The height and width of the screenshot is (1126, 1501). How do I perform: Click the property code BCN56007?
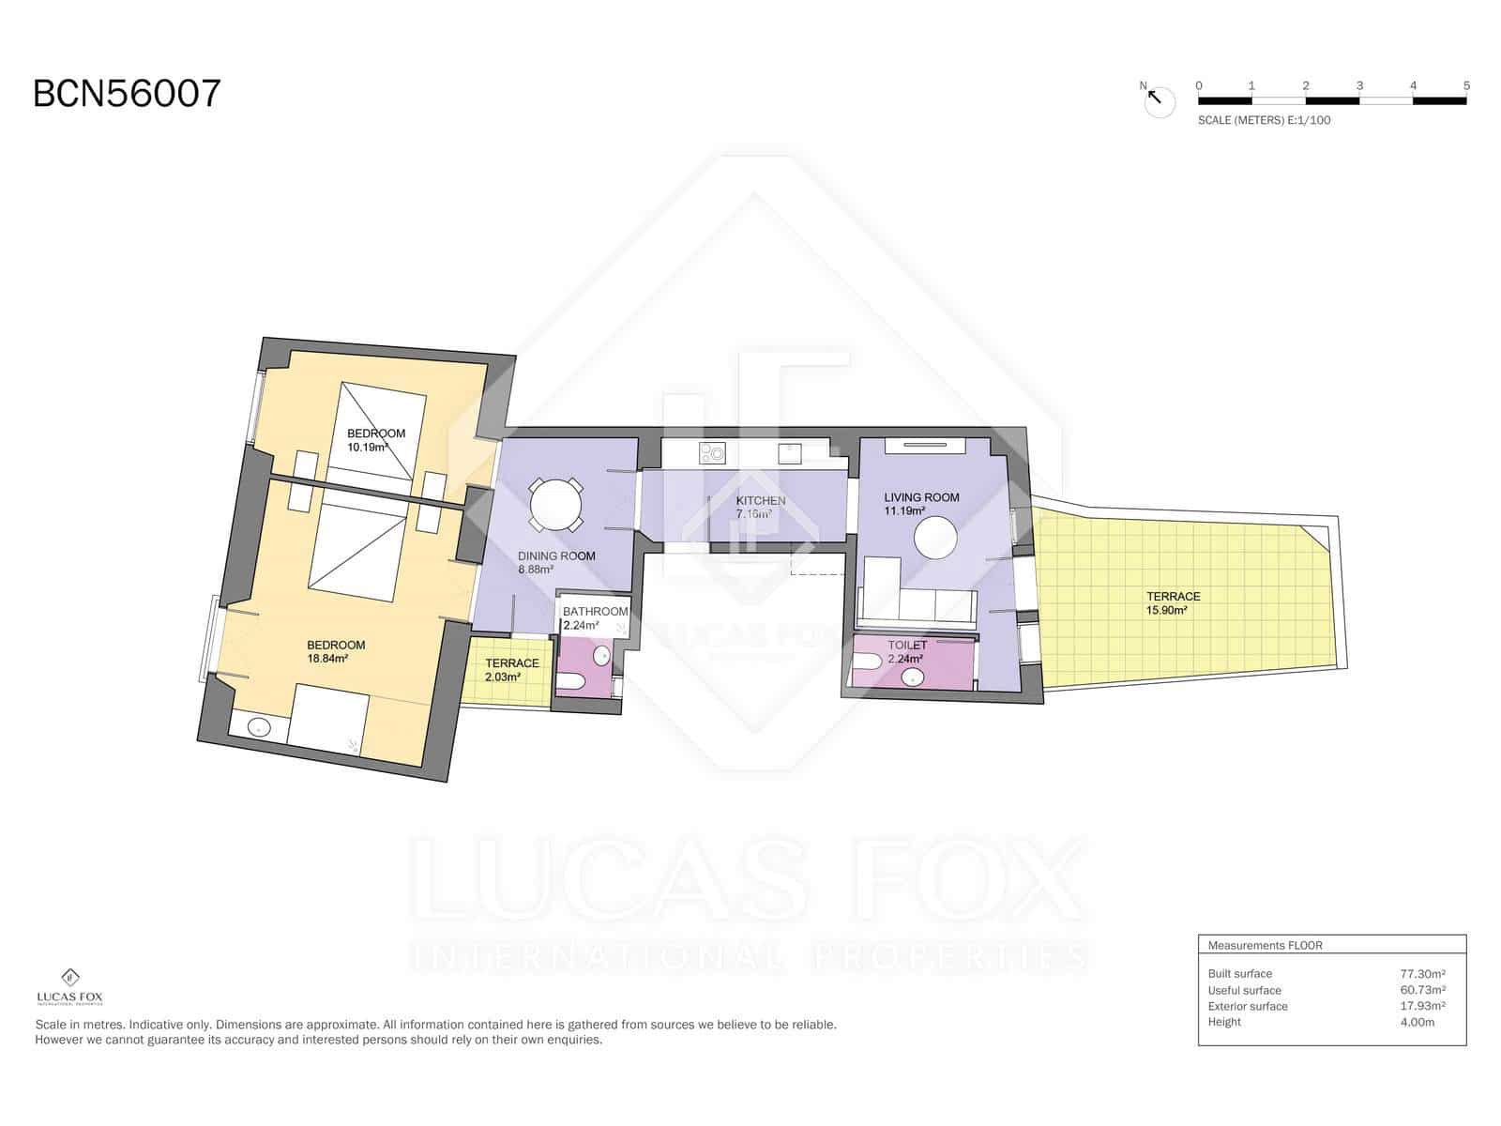pos(128,93)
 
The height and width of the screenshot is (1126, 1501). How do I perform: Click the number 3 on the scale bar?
pos(1358,85)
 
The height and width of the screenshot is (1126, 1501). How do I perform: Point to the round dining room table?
pos(556,505)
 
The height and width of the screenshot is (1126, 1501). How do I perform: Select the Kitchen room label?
pos(761,500)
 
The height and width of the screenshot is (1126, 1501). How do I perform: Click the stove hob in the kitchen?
pos(711,452)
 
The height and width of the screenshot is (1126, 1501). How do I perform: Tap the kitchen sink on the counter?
pos(790,453)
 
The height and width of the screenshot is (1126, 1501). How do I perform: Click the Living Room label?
pos(921,497)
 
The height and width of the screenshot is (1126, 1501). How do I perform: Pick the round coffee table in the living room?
pos(934,538)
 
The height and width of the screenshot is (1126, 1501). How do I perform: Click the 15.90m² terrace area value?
pos(1166,611)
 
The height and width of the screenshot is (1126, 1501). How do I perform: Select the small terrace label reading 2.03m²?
pos(503,677)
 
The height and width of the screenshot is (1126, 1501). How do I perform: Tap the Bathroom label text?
pos(595,611)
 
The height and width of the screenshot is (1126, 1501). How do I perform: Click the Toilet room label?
pos(907,645)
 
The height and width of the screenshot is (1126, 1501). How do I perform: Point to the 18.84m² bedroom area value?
pos(327,659)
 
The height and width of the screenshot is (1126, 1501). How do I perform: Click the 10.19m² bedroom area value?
pos(367,448)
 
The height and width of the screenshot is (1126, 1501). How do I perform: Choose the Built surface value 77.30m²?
pos(1422,974)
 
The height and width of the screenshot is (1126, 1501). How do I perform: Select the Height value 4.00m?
pos(1417,1022)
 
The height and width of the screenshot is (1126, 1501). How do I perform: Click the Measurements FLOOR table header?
pos(1266,946)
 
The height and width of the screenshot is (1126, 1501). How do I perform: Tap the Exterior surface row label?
pos(1248,1006)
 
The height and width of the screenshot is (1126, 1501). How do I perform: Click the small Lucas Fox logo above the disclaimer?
pos(69,987)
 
